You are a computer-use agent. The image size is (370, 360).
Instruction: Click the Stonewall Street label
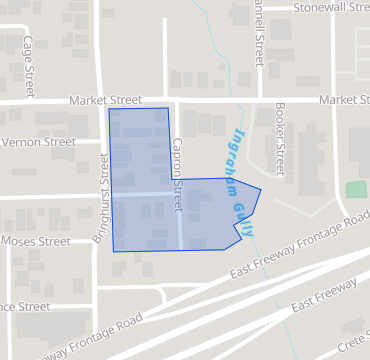[x=330, y=7]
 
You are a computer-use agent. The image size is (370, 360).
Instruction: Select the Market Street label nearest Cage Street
[x=108, y=101]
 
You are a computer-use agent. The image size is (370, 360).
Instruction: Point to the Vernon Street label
[x=38, y=142]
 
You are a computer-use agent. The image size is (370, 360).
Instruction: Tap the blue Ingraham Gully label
[x=241, y=179]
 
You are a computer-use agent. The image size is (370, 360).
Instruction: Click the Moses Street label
[x=35, y=241]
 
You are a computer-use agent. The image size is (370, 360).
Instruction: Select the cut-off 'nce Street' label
[x=25, y=306]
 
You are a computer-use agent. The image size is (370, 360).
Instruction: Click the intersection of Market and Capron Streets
[x=174, y=100]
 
